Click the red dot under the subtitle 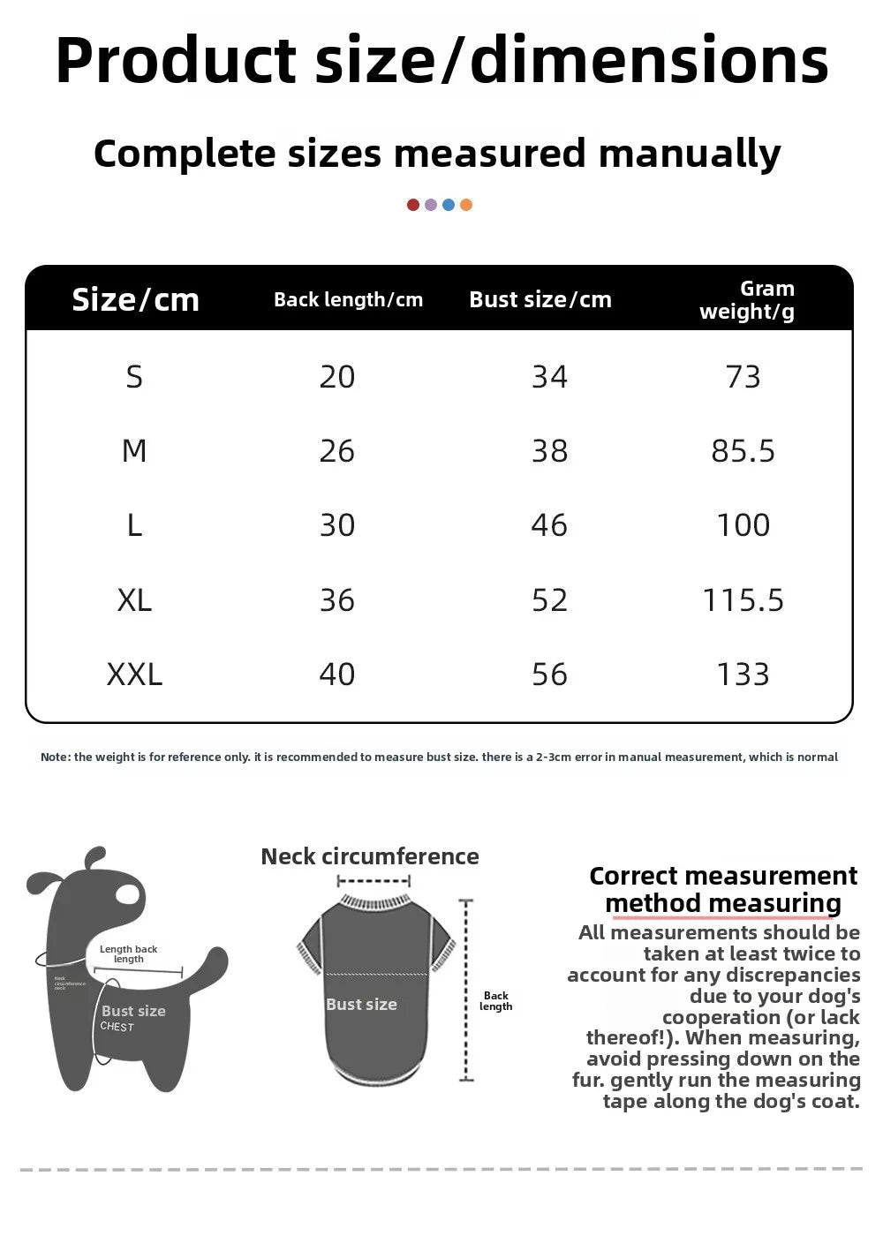[x=413, y=205]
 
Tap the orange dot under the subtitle [x=466, y=205]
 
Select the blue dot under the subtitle [x=449, y=205]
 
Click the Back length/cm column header [x=348, y=300]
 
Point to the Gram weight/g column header [x=747, y=300]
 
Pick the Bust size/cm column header [x=540, y=300]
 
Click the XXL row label [x=134, y=674]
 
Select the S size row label [x=134, y=378]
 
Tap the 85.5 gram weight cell [x=743, y=452]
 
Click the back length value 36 [x=336, y=600]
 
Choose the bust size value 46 [x=549, y=525]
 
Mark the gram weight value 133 [x=743, y=674]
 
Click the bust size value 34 [x=549, y=378]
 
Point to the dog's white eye [x=128, y=893]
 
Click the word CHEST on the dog [x=117, y=1027]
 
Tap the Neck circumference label [x=370, y=856]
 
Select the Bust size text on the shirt [x=361, y=1005]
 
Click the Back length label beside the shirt [x=495, y=1001]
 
